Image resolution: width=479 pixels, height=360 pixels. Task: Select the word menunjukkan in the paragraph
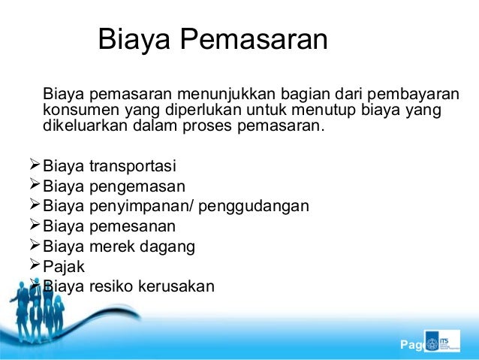tap(226, 96)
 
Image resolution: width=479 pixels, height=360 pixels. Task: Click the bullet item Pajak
tap(65, 266)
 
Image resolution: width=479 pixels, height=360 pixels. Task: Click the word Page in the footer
tap(411, 346)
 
